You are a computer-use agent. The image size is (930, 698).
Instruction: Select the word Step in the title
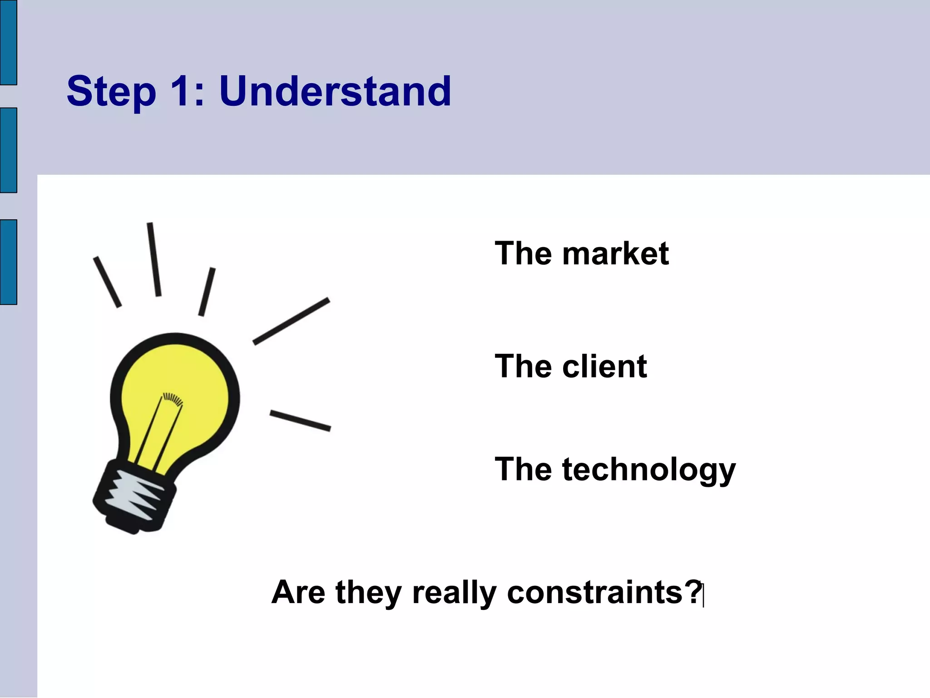[111, 92]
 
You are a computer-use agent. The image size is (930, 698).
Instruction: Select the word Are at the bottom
[298, 592]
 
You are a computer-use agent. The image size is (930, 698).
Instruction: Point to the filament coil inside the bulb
[173, 399]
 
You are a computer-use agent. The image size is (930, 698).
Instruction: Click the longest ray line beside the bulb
[291, 321]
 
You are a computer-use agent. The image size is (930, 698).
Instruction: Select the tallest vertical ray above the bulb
[154, 259]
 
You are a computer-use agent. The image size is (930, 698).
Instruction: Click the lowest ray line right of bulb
[300, 421]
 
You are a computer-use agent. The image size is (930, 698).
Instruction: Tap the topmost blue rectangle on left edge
[8, 42]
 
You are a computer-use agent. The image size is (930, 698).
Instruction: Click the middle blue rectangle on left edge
[8, 150]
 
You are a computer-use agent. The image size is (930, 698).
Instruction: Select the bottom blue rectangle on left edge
[8, 262]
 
